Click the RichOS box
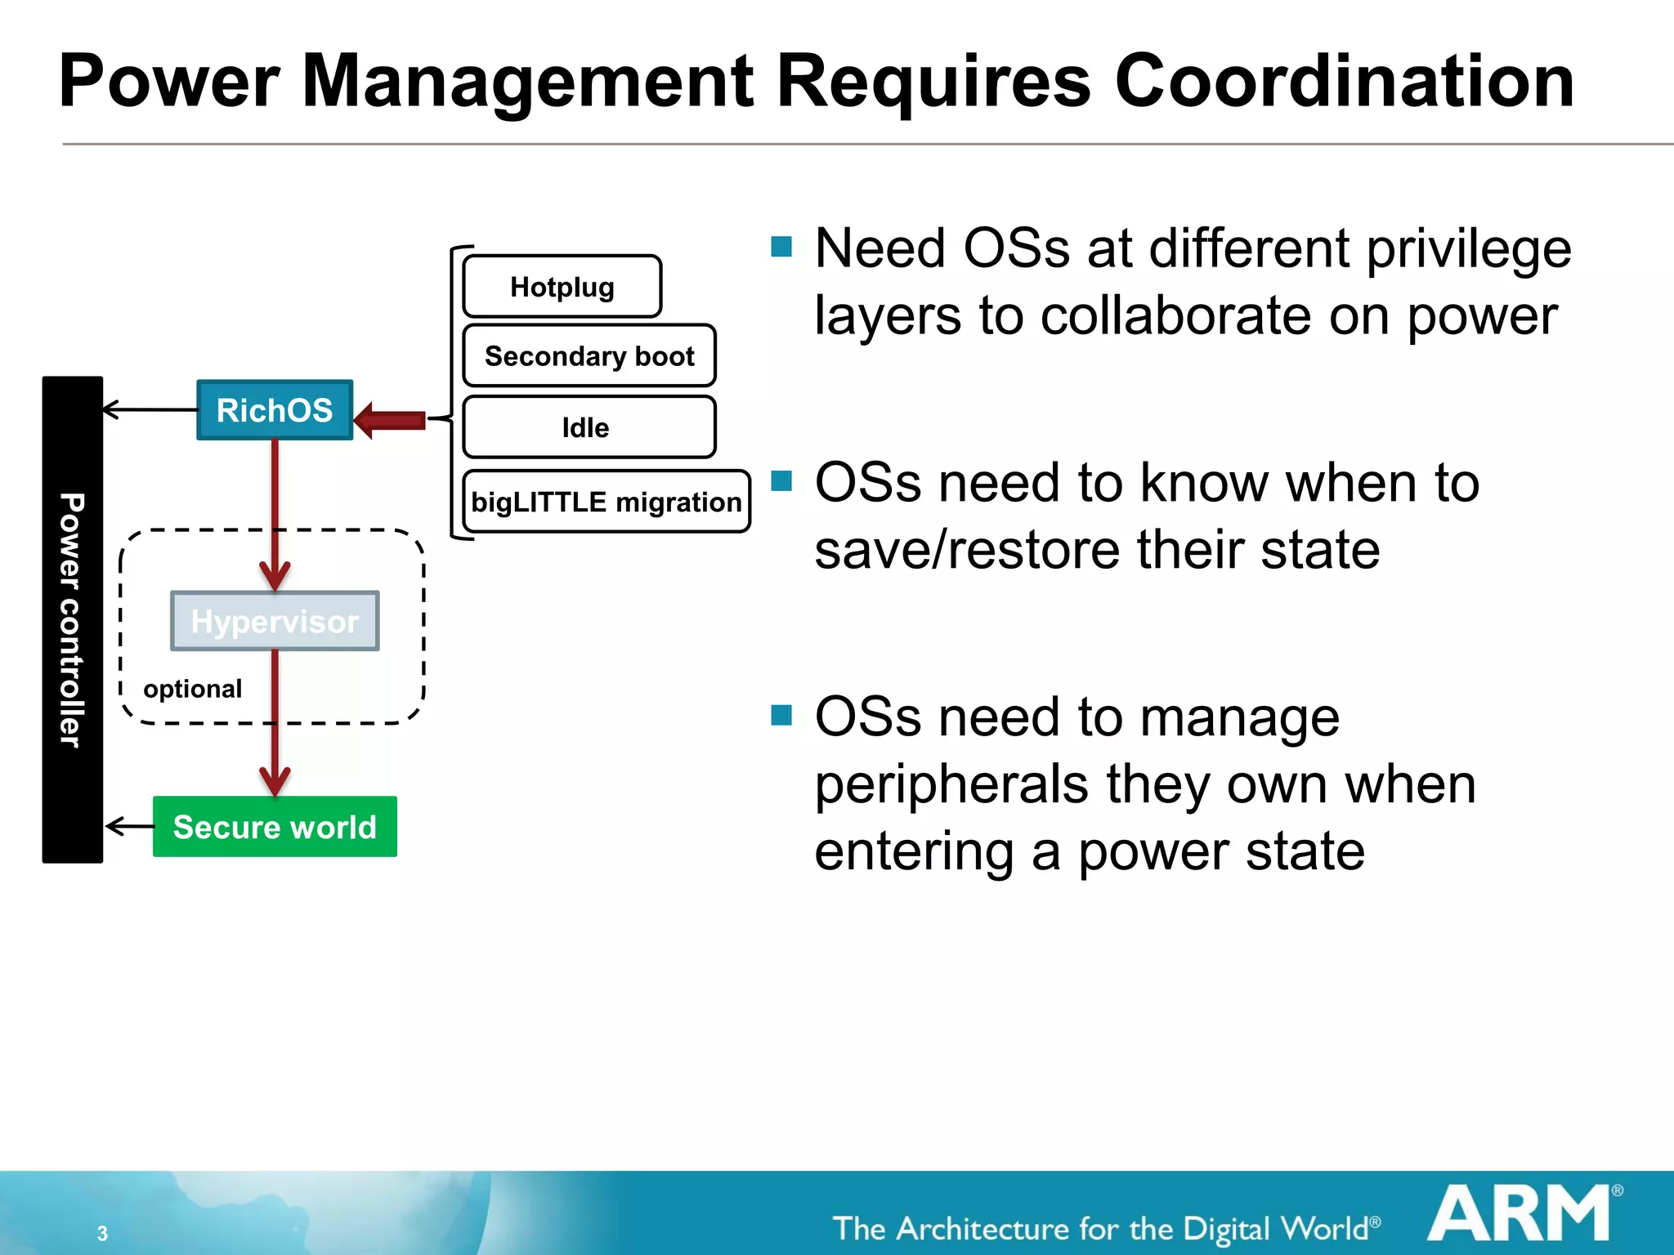pos(275,410)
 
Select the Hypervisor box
pos(275,621)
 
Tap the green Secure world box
pos(275,827)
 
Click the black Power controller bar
pos(72,619)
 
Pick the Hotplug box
pos(562,287)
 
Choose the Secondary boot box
pos(589,356)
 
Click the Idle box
pos(589,427)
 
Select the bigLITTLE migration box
pos(606,502)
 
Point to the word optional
pos(192,689)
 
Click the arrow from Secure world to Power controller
pos(129,826)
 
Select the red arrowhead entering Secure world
pos(275,780)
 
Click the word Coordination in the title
pos(1344,81)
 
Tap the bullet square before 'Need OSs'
pos(781,246)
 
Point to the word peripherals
pos(951,785)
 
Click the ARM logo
pos(1521,1214)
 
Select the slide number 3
pos(102,1233)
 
